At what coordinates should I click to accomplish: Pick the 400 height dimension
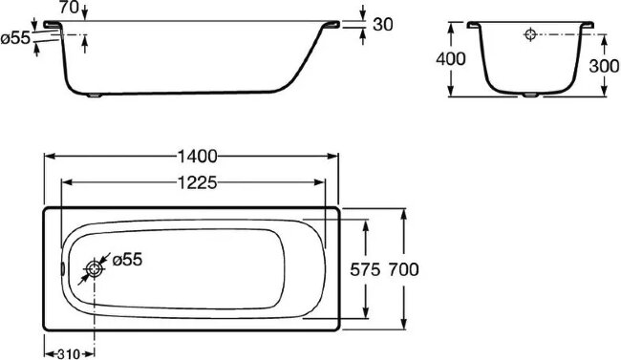pos(452,59)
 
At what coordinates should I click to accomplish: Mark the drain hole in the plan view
pos(96,270)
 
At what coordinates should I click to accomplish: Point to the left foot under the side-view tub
pos(97,95)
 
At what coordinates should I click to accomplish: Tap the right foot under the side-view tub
pos(253,95)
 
